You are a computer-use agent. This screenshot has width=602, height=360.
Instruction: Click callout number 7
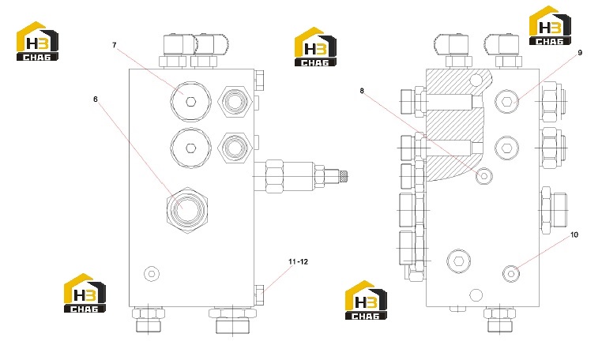click(114, 45)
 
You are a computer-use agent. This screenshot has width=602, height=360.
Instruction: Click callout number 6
click(96, 99)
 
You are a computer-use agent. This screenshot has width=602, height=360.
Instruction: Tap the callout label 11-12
click(298, 262)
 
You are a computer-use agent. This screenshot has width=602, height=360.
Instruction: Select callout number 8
click(362, 91)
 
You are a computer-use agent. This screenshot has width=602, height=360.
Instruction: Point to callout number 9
click(580, 53)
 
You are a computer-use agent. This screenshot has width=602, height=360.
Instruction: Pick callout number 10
click(574, 235)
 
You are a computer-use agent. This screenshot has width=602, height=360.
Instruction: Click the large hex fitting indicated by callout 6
click(187, 210)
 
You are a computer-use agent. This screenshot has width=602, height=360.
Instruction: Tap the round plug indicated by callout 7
click(190, 101)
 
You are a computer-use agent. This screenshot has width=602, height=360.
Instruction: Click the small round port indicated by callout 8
click(484, 176)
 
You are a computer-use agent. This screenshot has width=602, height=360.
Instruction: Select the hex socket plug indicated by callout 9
click(506, 102)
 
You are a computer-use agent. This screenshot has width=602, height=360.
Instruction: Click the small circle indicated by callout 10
click(511, 274)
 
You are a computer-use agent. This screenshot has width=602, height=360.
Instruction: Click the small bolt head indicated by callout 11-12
click(259, 295)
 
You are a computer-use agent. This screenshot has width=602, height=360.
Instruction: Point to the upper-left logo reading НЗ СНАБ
click(37, 41)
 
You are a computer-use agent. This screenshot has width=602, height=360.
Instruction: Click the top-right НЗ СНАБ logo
click(550, 26)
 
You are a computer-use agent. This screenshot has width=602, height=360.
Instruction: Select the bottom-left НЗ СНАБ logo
click(85, 293)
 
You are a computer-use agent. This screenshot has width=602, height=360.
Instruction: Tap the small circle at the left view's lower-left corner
click(152, 274)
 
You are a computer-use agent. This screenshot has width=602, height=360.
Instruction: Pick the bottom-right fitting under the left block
click(232, 320)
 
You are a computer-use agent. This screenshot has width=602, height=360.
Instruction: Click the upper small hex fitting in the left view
click(235, 102)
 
